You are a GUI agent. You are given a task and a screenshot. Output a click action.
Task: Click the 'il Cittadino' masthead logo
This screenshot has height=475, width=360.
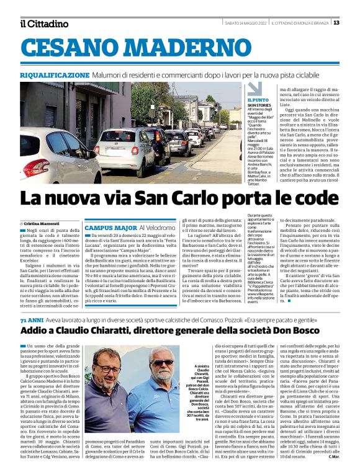pos(44,24)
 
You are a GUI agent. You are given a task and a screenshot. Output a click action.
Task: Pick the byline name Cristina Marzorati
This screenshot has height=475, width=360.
pos(42,223)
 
